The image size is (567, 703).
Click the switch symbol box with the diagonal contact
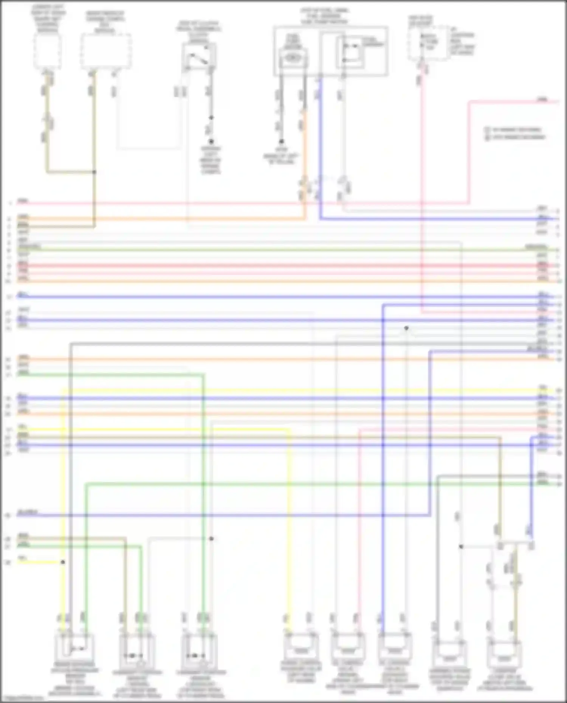[199, 57]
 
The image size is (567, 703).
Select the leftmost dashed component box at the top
[47, 51]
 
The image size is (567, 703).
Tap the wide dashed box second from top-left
[105, 51]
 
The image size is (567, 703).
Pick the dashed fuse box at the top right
[427, 43]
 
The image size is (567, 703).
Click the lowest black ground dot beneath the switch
[211, 141]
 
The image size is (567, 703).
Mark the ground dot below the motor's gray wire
[281, 142]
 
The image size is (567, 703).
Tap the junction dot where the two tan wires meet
[94, 172]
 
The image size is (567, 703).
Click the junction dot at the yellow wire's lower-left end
[63, 562]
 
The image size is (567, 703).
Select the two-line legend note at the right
[516, 133]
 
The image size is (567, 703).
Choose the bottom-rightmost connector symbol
[503, 654]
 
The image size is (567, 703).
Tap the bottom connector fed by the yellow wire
[301, 646]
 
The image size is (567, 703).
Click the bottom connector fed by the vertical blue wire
[395, 646]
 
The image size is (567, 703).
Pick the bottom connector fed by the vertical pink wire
[348, 646]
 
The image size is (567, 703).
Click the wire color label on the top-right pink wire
[543, 100]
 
